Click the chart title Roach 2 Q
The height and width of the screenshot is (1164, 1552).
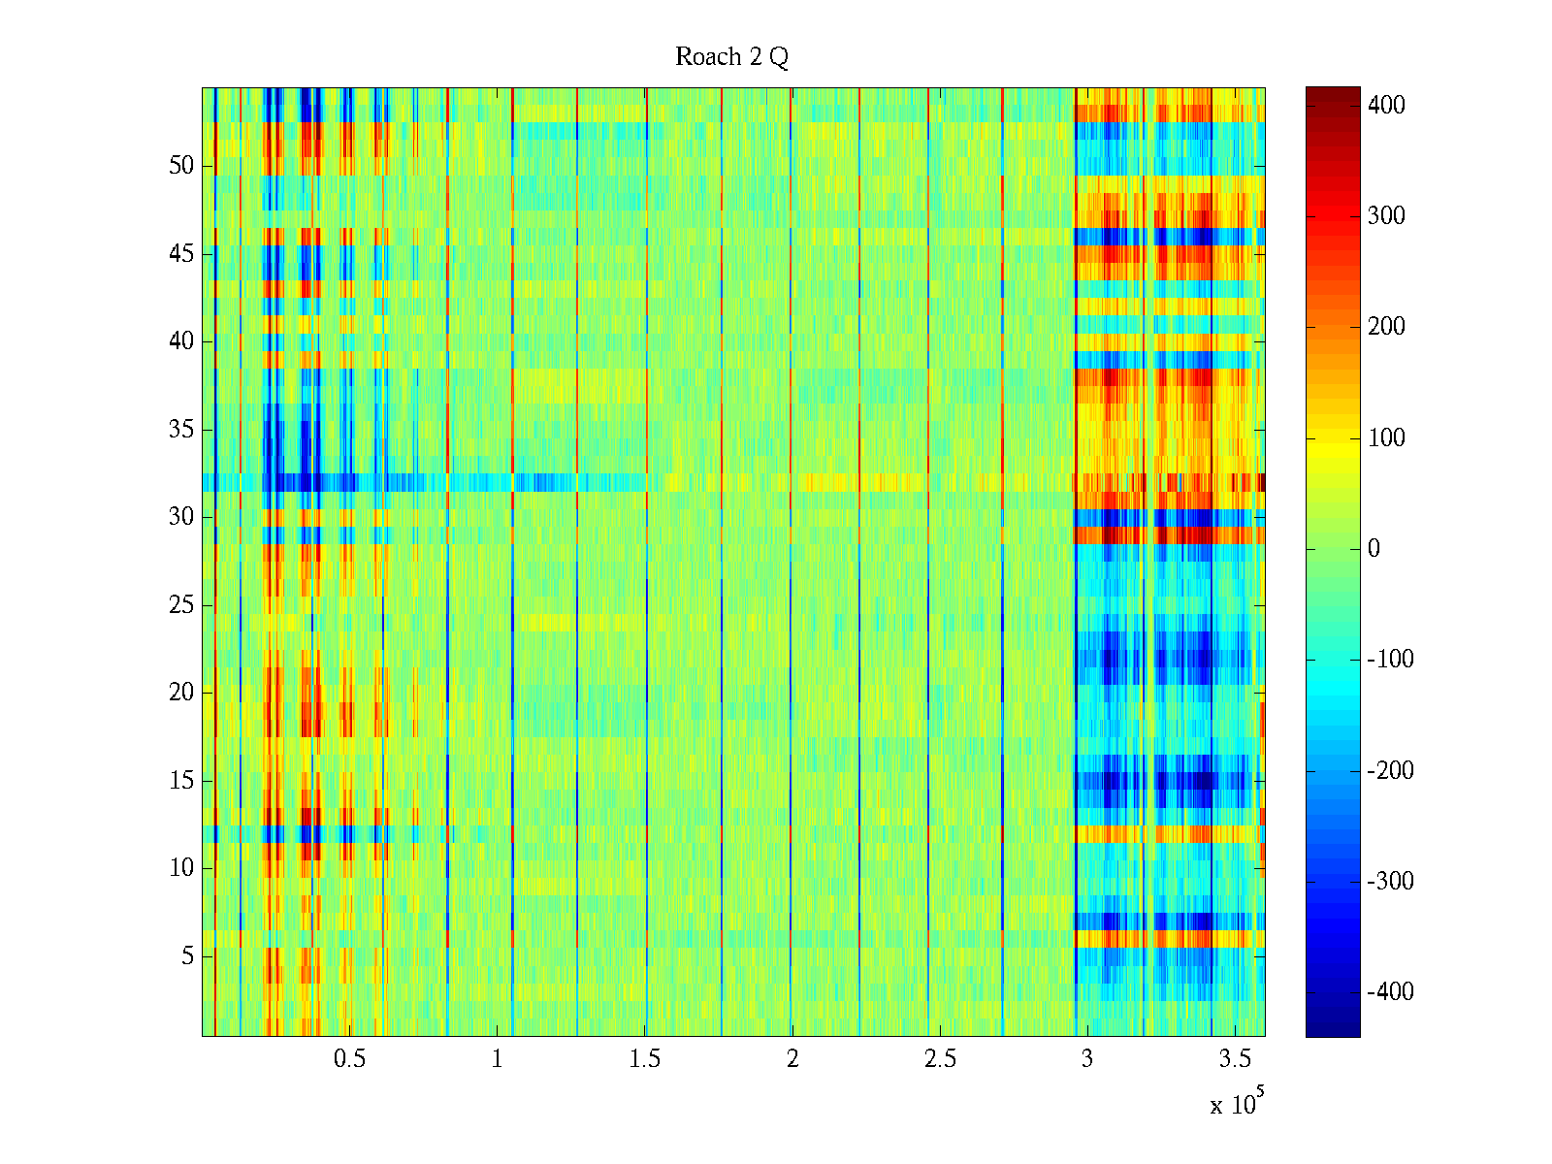point(731,57)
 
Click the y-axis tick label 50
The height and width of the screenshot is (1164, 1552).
point(181,166)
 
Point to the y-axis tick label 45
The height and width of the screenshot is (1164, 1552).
point(181,254)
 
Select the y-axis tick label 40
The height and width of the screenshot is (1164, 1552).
point(181,341)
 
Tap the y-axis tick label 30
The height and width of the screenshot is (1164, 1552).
point(181,517)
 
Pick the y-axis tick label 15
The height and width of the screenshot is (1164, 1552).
point(181,781)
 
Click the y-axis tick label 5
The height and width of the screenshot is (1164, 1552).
point(187,956)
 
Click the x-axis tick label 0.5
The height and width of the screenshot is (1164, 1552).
point(349,1059)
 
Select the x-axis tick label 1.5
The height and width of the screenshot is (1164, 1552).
point(645,1059)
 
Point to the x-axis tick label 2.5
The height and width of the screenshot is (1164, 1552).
point(940,1059)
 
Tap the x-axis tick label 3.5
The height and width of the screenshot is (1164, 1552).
point(1235,1059)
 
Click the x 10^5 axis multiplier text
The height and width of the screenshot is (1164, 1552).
point(1237,1103)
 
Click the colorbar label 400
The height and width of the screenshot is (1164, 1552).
point(1386,105)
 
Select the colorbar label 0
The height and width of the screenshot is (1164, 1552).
point(1374,549)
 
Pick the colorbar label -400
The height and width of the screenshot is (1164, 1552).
point(1390,992)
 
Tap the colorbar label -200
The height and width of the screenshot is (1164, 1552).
point(1390,771)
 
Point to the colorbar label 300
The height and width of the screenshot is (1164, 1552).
point(1386,216)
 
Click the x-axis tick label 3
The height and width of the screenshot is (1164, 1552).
point(1087,1059)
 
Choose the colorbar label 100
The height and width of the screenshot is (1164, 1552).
point(1386,438)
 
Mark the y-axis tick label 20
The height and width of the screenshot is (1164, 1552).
point(181,693)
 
